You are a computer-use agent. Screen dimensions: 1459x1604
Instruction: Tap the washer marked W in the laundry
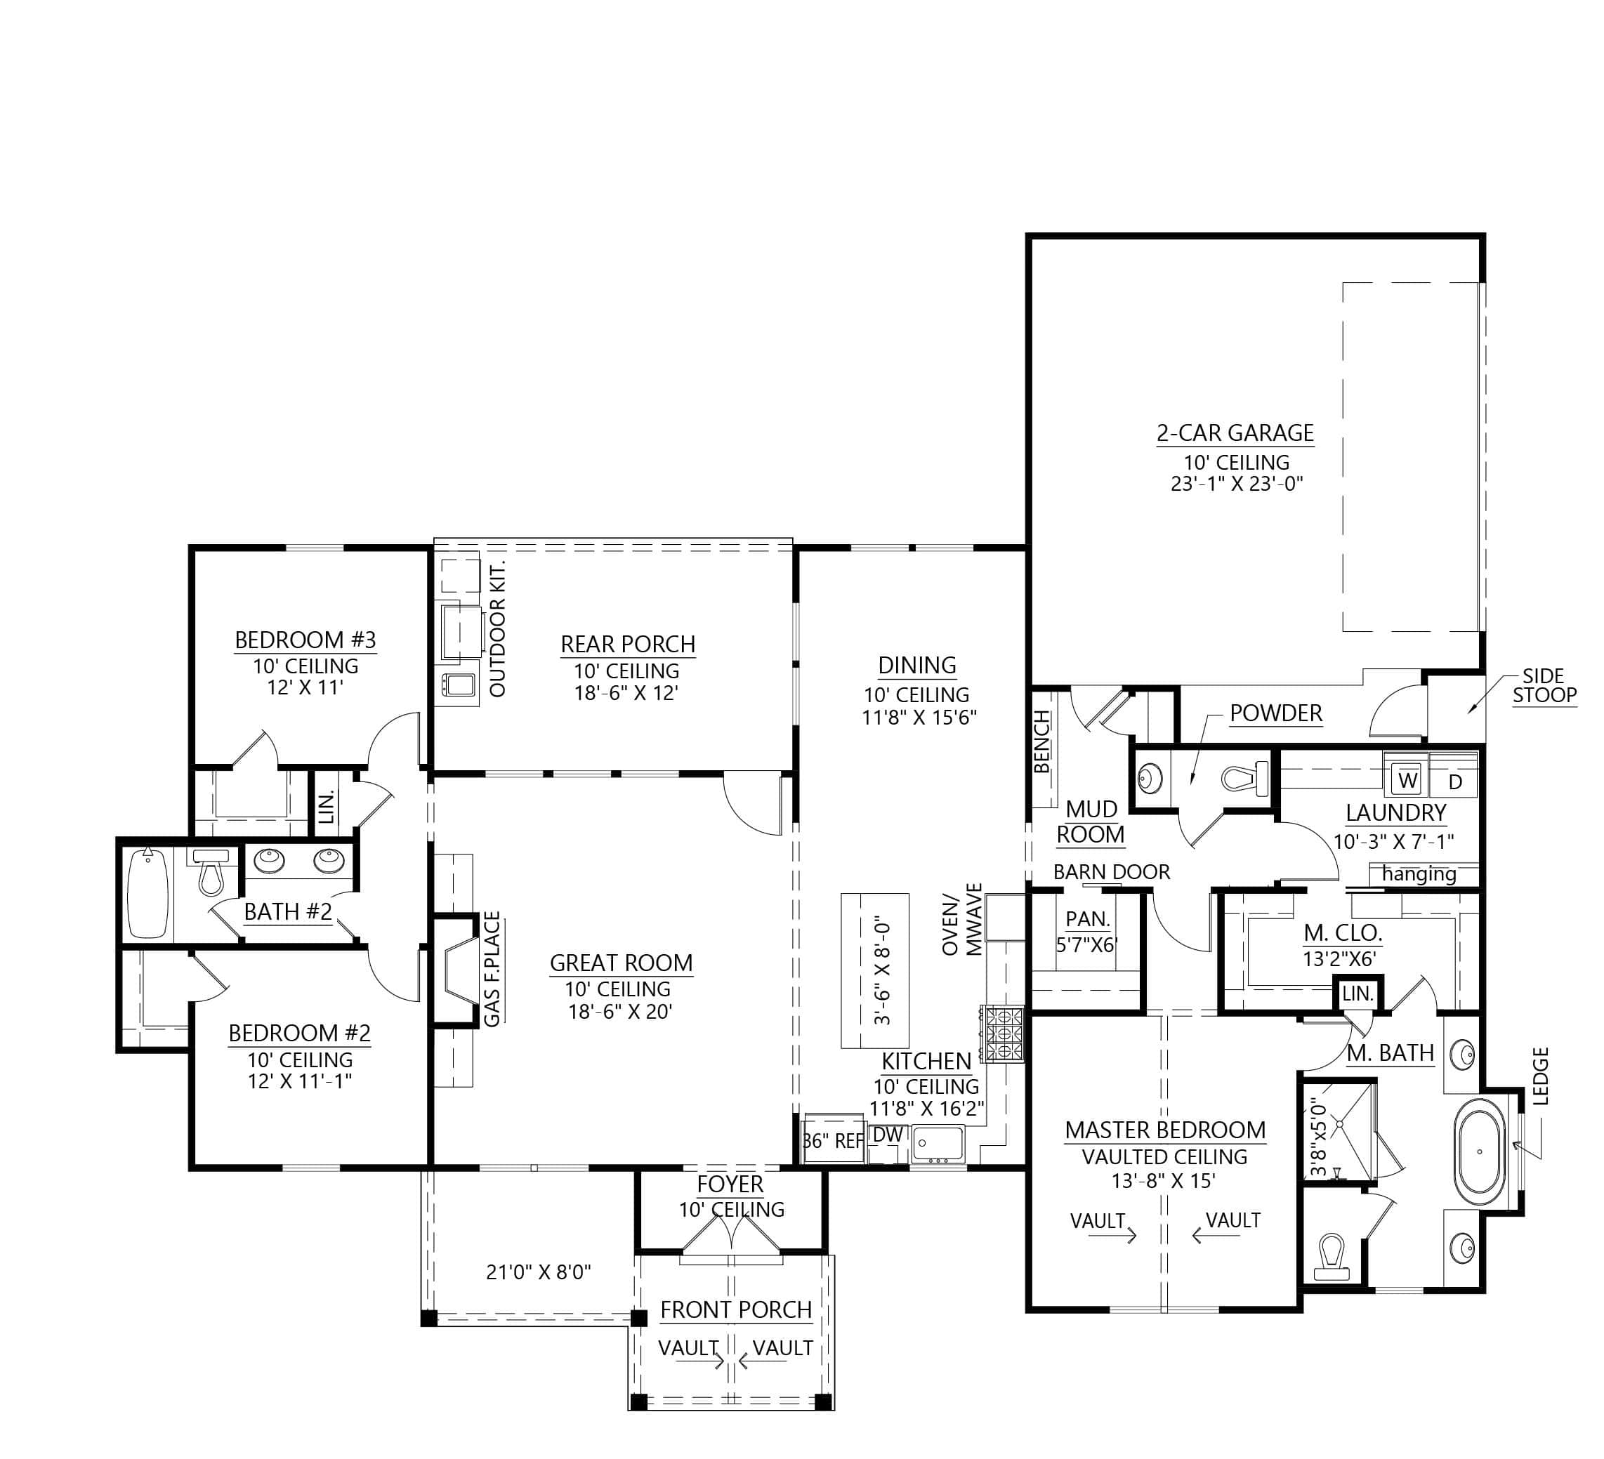pyautogui.click(x=1407, y=781)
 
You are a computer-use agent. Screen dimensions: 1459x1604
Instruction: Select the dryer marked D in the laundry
pyautogui.click(x=1455, y=782)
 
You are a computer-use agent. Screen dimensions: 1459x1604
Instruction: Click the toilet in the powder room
pyautogui.click(x=1246, y=778)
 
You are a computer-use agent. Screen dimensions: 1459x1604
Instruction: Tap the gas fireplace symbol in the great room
pyautogui.click(x=456, y=969)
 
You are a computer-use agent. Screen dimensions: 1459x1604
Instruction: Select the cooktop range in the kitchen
pyautogui.click(x=1004, y=1034)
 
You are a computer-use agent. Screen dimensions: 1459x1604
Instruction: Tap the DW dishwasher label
pyautogui.click(x=887, y=1135)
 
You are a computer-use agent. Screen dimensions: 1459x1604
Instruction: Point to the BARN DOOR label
pyautogui.click(x=1112, y=872)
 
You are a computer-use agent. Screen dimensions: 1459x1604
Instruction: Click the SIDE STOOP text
pyautogui.click(x=1544, y=686)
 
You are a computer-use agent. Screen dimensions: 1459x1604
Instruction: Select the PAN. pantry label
pyautogui.click(x=1087, y=919)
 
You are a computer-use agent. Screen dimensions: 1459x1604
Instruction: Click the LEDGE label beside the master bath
pyautogui.click(x=1540, y=1076)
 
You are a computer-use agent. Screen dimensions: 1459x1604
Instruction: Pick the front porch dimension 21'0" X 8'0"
pyautogui.click(x=539, y=1272)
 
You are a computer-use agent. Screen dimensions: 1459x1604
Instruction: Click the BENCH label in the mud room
pyautogui.click(x=1042, y=742)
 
